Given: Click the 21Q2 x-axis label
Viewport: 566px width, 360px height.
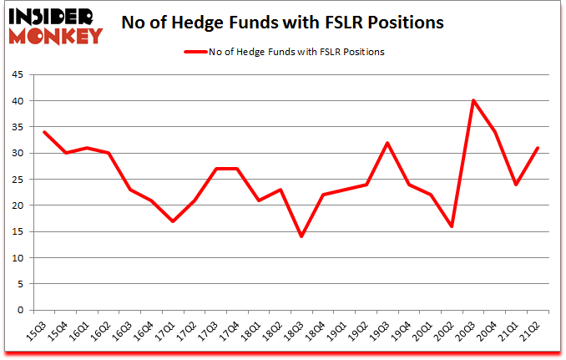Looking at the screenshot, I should pos(534,328).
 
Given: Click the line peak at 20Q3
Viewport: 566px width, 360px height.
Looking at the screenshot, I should pos(473,100).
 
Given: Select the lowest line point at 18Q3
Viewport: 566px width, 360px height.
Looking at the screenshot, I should pos(301,236).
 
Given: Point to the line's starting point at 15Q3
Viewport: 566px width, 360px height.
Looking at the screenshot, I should pos(44,132).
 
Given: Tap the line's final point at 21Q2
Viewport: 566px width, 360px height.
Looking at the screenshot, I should pos(538,148).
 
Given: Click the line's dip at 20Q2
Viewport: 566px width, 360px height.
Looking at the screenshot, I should pos(452,226).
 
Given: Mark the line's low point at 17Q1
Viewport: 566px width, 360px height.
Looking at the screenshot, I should pos(172,221).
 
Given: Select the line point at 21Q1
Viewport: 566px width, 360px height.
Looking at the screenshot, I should pos(517,184).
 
